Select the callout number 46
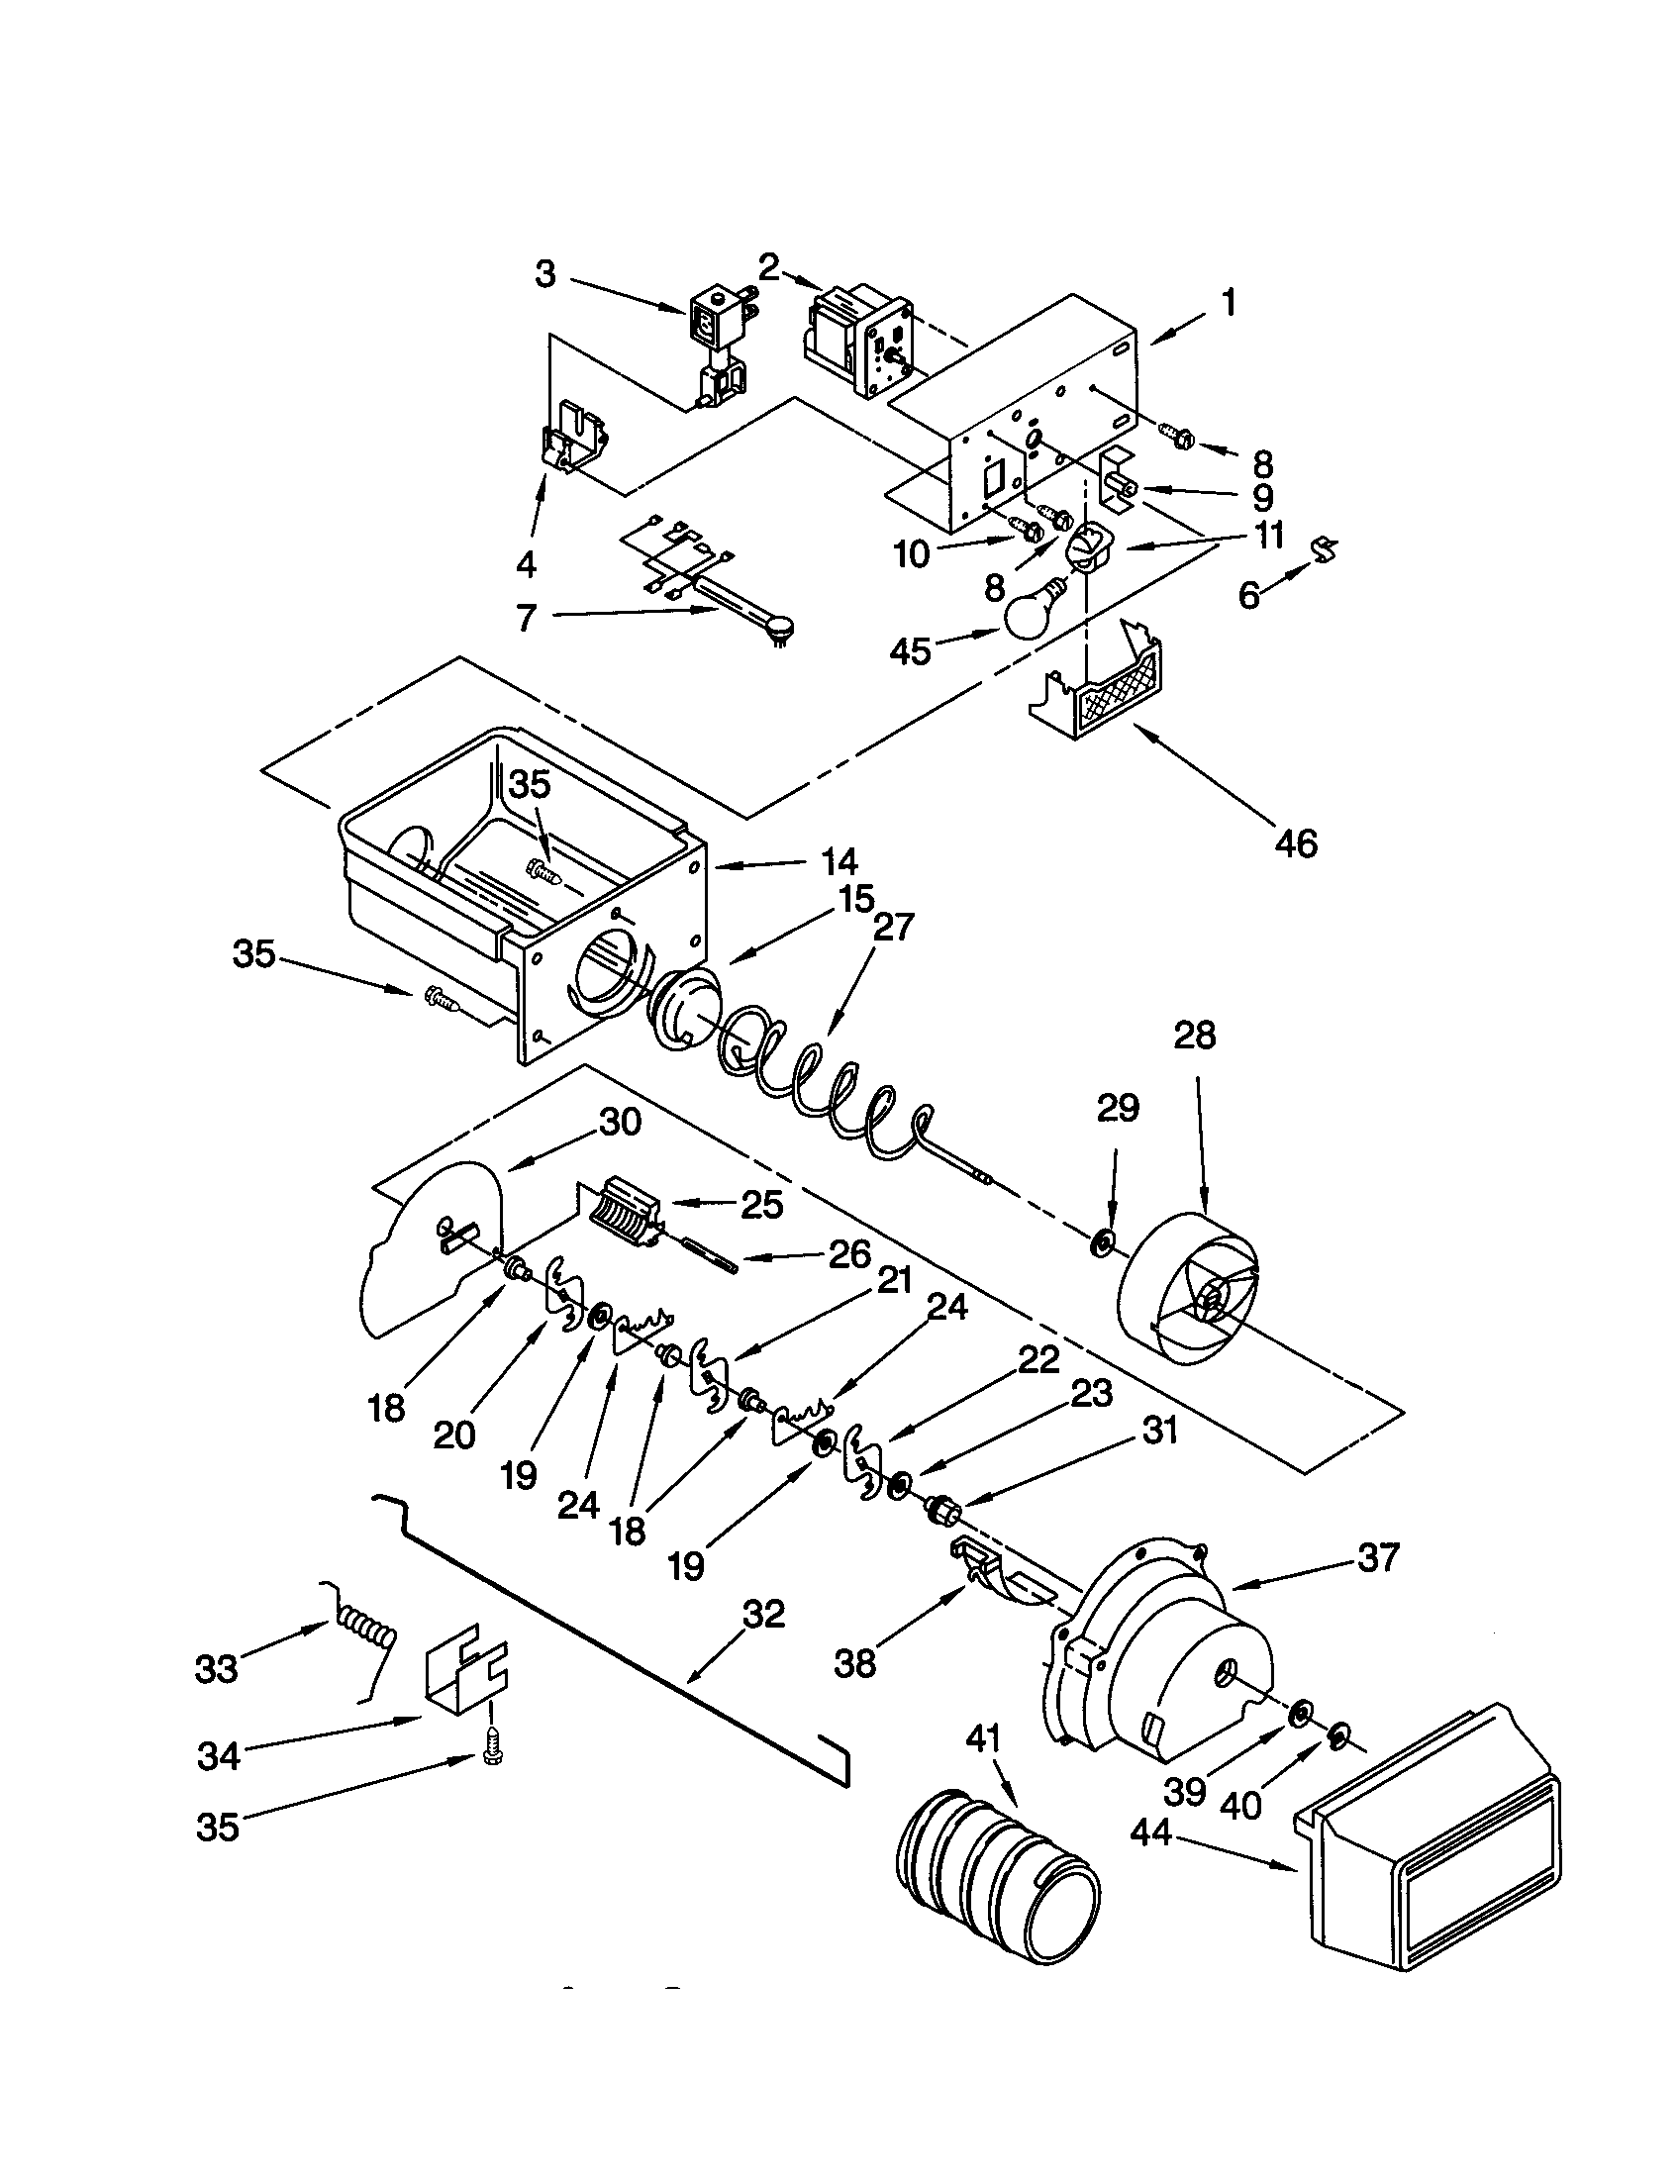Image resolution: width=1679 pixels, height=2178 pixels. point(1295,843)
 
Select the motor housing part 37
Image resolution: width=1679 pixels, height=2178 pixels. point(1156,1675)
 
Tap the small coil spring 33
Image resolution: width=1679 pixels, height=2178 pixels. point(364,1635)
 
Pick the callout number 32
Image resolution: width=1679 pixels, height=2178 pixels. point(763,1615)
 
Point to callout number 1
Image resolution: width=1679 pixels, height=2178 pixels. point(1229,302)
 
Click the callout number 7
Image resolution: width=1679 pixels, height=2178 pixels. point(527,618)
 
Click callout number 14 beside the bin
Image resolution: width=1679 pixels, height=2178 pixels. point(839,860)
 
